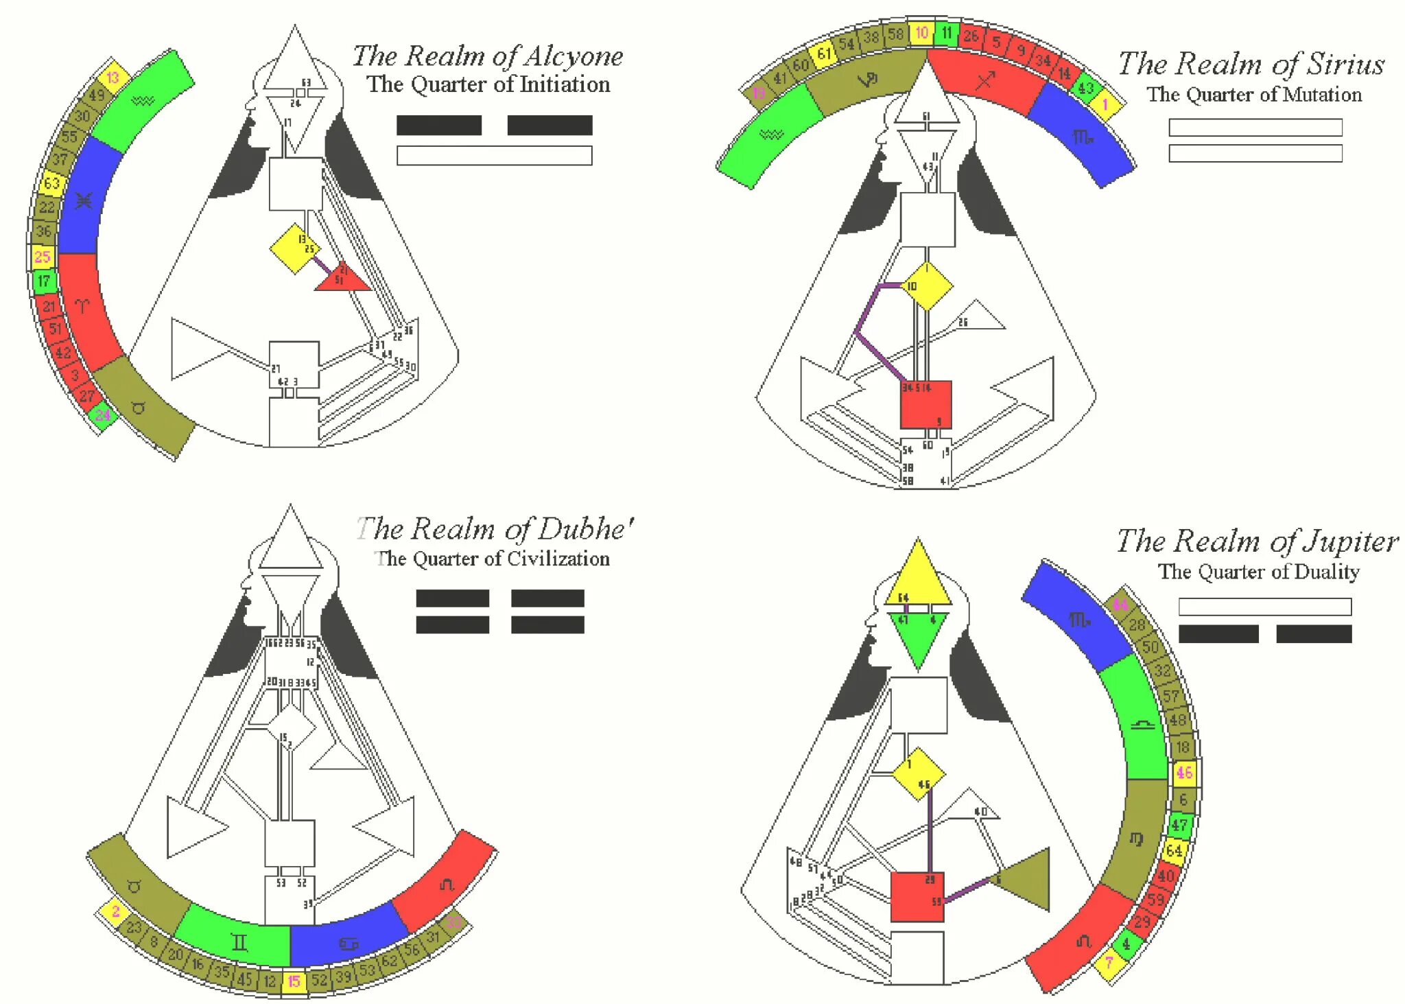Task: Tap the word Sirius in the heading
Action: click(1345, 65)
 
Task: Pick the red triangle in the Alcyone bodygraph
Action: click(342, 278)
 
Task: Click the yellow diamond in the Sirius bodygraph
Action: click(927, 285)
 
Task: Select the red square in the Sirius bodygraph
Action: click(925, 405)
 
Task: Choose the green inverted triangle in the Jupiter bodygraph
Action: click(918, 635)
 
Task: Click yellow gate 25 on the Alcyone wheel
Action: click(43, 257)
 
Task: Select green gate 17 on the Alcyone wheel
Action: click(44, 281)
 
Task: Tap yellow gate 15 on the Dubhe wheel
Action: click(294, 981)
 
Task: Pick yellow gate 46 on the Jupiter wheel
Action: click(1184, 773)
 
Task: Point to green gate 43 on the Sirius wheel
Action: click(1085, 88)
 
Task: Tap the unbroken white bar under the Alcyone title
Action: click(494, 156)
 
